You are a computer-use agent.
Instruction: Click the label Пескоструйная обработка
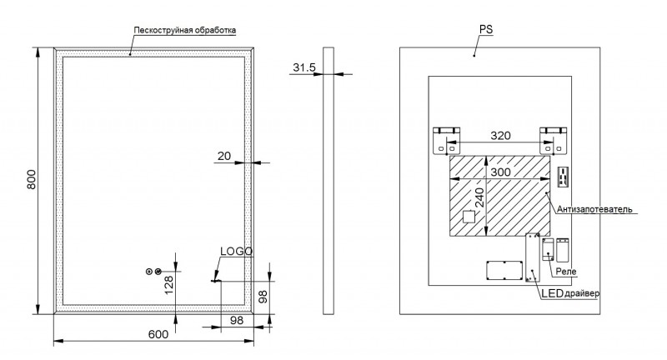(184, 31)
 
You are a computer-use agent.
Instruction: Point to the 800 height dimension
(32, 180)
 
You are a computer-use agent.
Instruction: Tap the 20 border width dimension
(224, 156)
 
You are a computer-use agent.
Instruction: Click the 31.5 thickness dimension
(303, 67)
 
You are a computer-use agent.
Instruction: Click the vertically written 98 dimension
(263, 296)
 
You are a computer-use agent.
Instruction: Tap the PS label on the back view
(487, 29)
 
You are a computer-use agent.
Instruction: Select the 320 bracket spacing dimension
(500, 135)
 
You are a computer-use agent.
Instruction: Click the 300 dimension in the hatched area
(500, 171)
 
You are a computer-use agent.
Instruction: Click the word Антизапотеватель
(595, 208)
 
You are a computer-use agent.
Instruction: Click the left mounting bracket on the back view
(445, 140)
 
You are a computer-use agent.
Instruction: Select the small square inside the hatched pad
(469, 219)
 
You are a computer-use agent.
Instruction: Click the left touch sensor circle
(149, 272)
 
